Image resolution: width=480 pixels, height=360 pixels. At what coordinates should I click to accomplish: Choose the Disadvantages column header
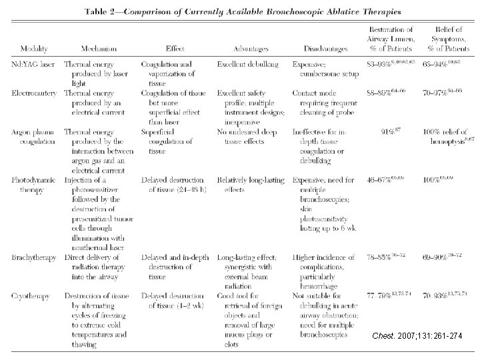click(323, 49)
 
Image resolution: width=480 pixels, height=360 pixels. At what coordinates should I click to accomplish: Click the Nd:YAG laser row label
click(33, 64)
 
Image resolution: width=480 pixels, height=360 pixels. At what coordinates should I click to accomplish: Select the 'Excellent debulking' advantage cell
click(247, 64)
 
